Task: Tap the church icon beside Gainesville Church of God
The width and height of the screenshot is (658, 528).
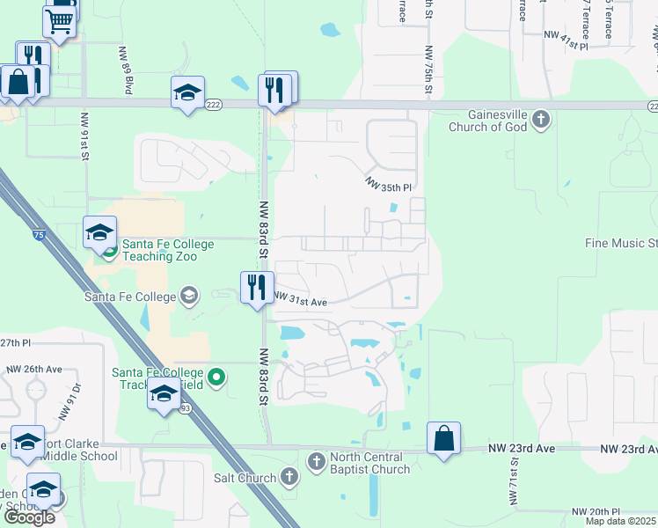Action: pos(541,119)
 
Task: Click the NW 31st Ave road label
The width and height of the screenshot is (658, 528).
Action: pos(301,301)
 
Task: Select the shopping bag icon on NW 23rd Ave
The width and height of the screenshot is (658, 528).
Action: pos(444,437)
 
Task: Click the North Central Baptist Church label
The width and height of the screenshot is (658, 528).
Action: pos(369,463)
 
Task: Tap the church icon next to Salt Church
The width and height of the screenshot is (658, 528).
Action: pos(290,477)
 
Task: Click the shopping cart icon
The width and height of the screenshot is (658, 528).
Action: pos(59,21)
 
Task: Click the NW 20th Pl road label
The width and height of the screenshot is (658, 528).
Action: pos(596,511)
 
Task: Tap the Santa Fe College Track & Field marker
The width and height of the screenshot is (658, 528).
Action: pos(217,378)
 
